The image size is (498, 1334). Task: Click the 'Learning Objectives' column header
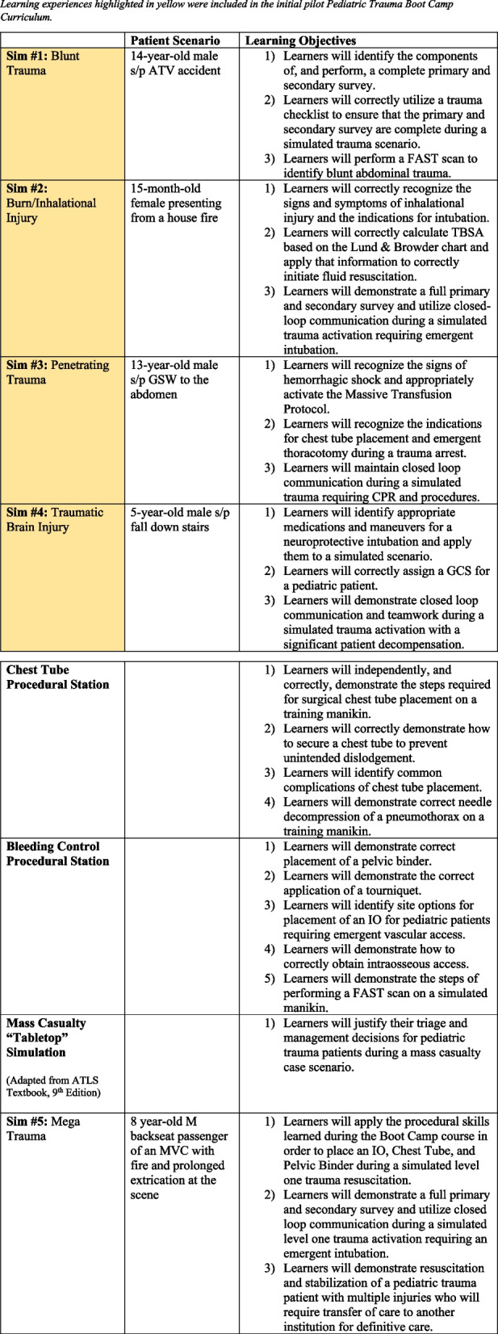click(300, 40)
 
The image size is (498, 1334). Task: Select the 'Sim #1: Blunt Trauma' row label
click(48, 63)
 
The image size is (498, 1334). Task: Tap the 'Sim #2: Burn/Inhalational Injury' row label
click(52, 203)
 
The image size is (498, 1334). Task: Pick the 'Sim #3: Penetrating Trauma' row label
click(57, 372)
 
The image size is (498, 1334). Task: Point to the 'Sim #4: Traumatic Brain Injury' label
click(49, 519)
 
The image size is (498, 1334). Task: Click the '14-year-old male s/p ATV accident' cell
click(176, 63)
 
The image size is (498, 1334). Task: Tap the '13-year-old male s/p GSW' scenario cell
click(175, 380)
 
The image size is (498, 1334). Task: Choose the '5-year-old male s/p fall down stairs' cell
click(180, 519)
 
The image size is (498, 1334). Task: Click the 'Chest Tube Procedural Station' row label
click(57, 677)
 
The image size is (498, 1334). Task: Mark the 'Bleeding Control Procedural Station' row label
click(57, 854)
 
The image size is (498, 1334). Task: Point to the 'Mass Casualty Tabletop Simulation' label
click(46, 1038)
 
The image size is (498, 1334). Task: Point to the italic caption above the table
click(227, 10)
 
